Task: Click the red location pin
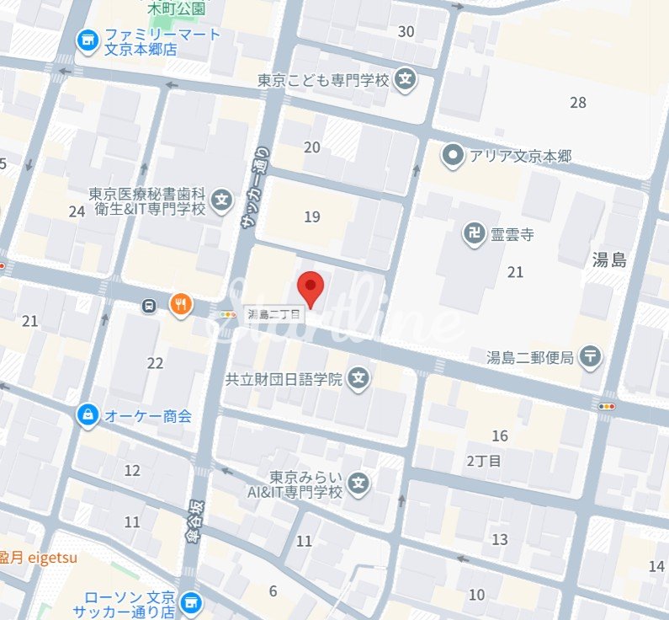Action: pos(312,289)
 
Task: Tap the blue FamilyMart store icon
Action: pos(85,40)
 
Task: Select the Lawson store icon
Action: pos(193,601)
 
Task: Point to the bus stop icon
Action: pos(149,306)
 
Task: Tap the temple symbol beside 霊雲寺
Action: pos(473,233)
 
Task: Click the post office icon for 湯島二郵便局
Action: pos(592,357)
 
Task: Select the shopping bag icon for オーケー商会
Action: pos(87,414)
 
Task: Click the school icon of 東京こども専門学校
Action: pos(406,80)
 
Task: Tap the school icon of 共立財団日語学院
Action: pos(359,379)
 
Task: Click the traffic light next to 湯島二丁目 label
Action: pos(226,314)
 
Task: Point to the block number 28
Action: pos(577,103)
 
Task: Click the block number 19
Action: pos(312,216)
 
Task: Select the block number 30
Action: pos(406,32)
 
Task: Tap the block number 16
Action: pos(500,436)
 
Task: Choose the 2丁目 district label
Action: pos(483,461)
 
